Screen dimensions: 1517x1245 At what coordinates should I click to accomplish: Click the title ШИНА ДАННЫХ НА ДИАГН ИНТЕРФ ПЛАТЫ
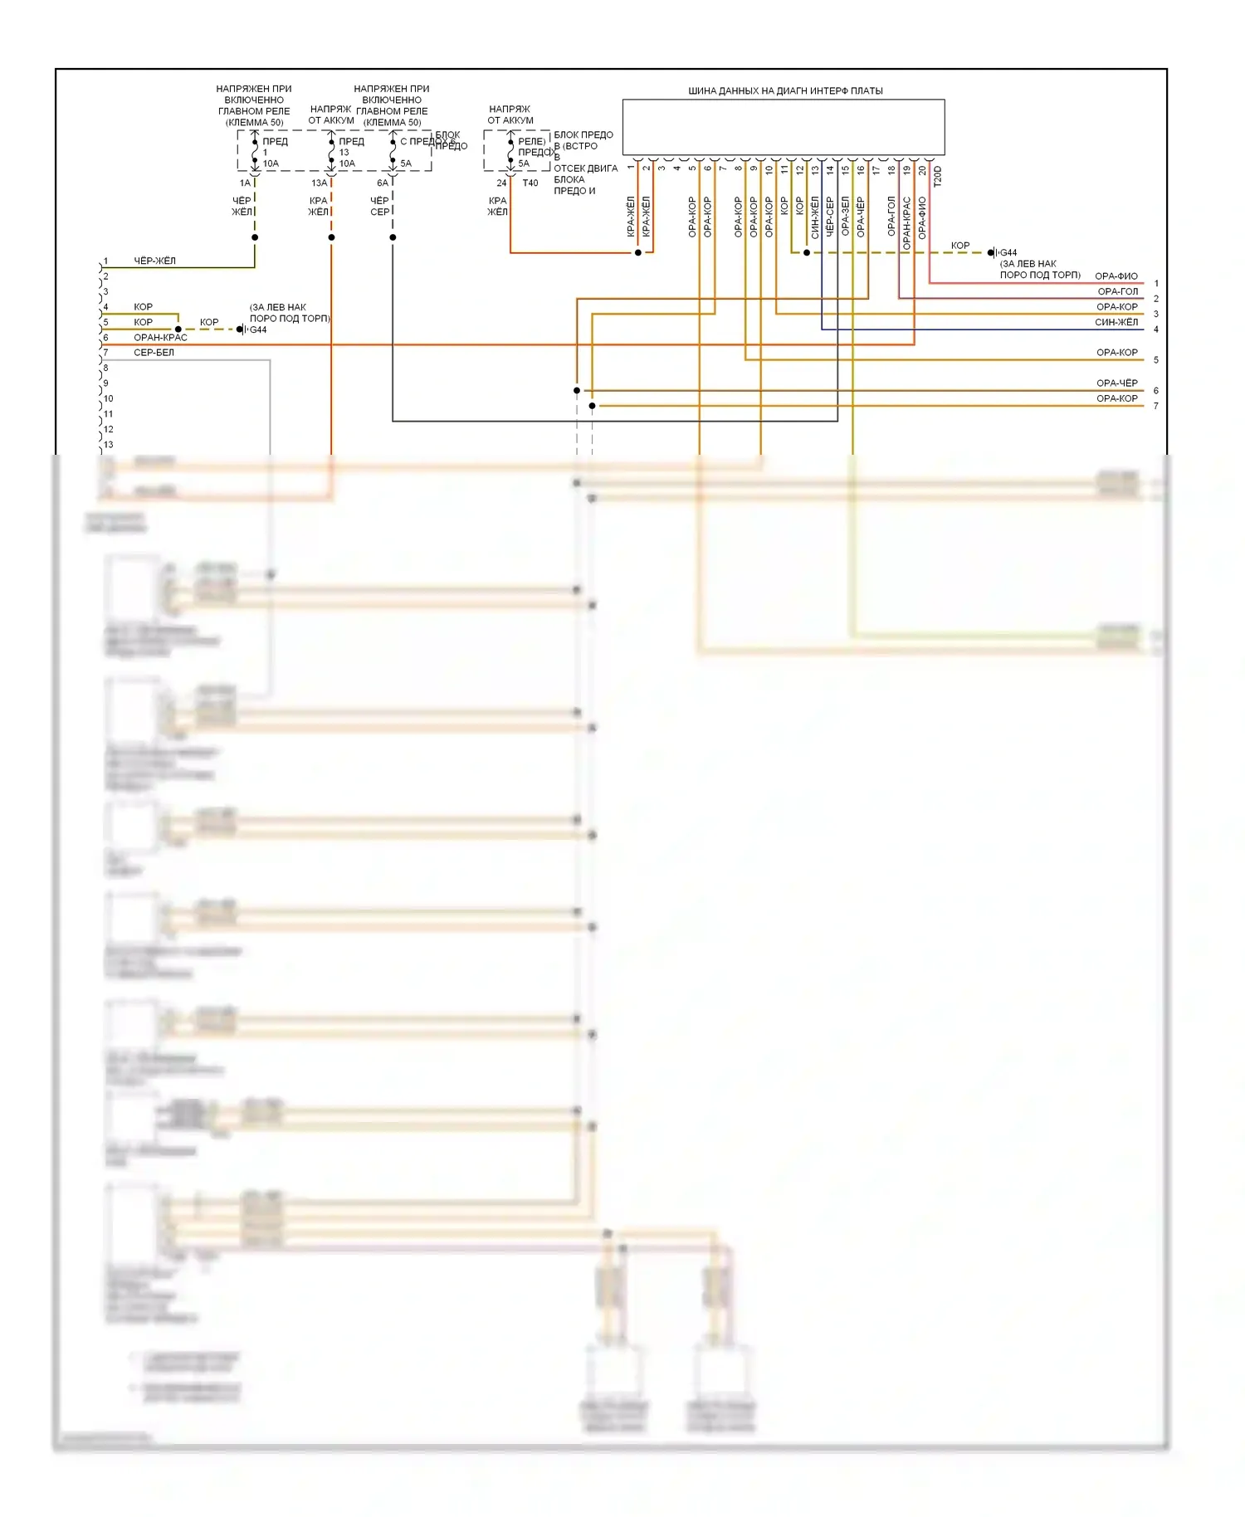click(784, 90)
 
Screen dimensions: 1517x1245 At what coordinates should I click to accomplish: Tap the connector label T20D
click(937, 176)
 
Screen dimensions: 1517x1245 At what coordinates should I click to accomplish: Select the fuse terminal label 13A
click(320, 183)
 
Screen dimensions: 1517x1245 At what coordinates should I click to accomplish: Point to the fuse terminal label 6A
click(383, 183)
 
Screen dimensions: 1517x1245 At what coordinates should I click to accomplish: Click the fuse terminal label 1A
click(245, 183)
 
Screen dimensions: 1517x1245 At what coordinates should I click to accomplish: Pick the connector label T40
click(530, 183)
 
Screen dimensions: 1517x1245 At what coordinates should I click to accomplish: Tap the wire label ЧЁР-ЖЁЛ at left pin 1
click(155, 261)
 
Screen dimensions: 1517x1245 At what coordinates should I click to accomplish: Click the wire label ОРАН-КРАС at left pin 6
click(160, 338)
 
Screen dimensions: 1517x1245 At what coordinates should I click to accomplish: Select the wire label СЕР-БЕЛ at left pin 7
click(154, 353)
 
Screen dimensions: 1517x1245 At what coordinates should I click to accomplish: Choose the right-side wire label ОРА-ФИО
click(1116, 276)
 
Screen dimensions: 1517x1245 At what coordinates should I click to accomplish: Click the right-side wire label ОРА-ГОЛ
click(1118, 291)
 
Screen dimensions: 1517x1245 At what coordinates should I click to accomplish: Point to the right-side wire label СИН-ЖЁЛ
click(1116, 322)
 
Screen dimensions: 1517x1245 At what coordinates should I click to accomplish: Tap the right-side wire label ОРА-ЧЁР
click(1117, 383)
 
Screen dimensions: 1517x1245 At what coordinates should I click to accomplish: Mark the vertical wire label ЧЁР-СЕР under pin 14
click(830, 217)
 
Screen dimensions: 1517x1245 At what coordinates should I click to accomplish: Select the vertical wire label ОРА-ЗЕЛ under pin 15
click(845, 217)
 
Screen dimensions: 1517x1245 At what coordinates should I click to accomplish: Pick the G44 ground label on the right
click(1008, 253)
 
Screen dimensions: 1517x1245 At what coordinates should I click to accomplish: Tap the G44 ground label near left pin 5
click(258, 330)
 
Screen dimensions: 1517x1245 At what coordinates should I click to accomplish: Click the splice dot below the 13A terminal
click(331, 237)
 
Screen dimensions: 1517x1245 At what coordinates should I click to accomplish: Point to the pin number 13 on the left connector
click(109, 445)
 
